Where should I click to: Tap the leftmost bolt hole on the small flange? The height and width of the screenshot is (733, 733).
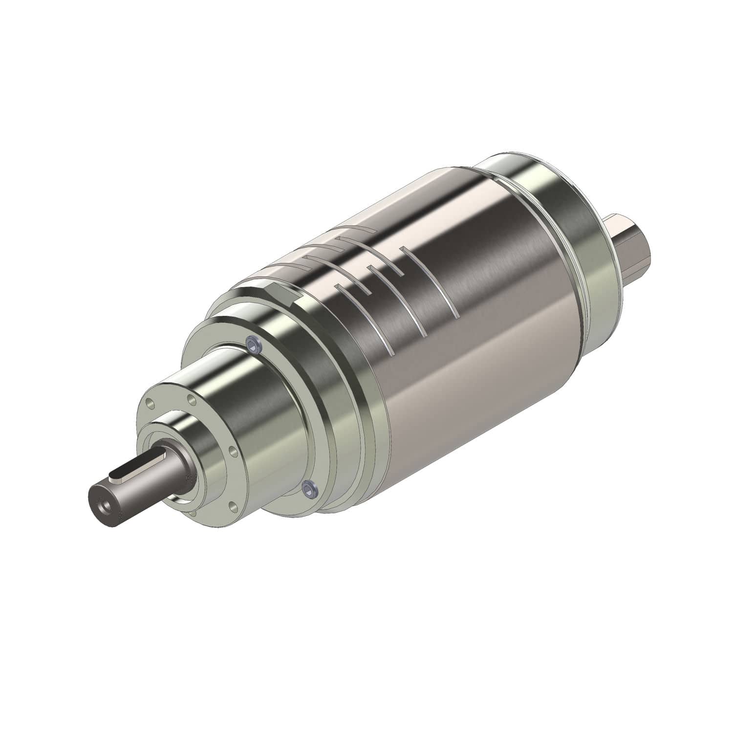pyautogui.click(x=149, y=404)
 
